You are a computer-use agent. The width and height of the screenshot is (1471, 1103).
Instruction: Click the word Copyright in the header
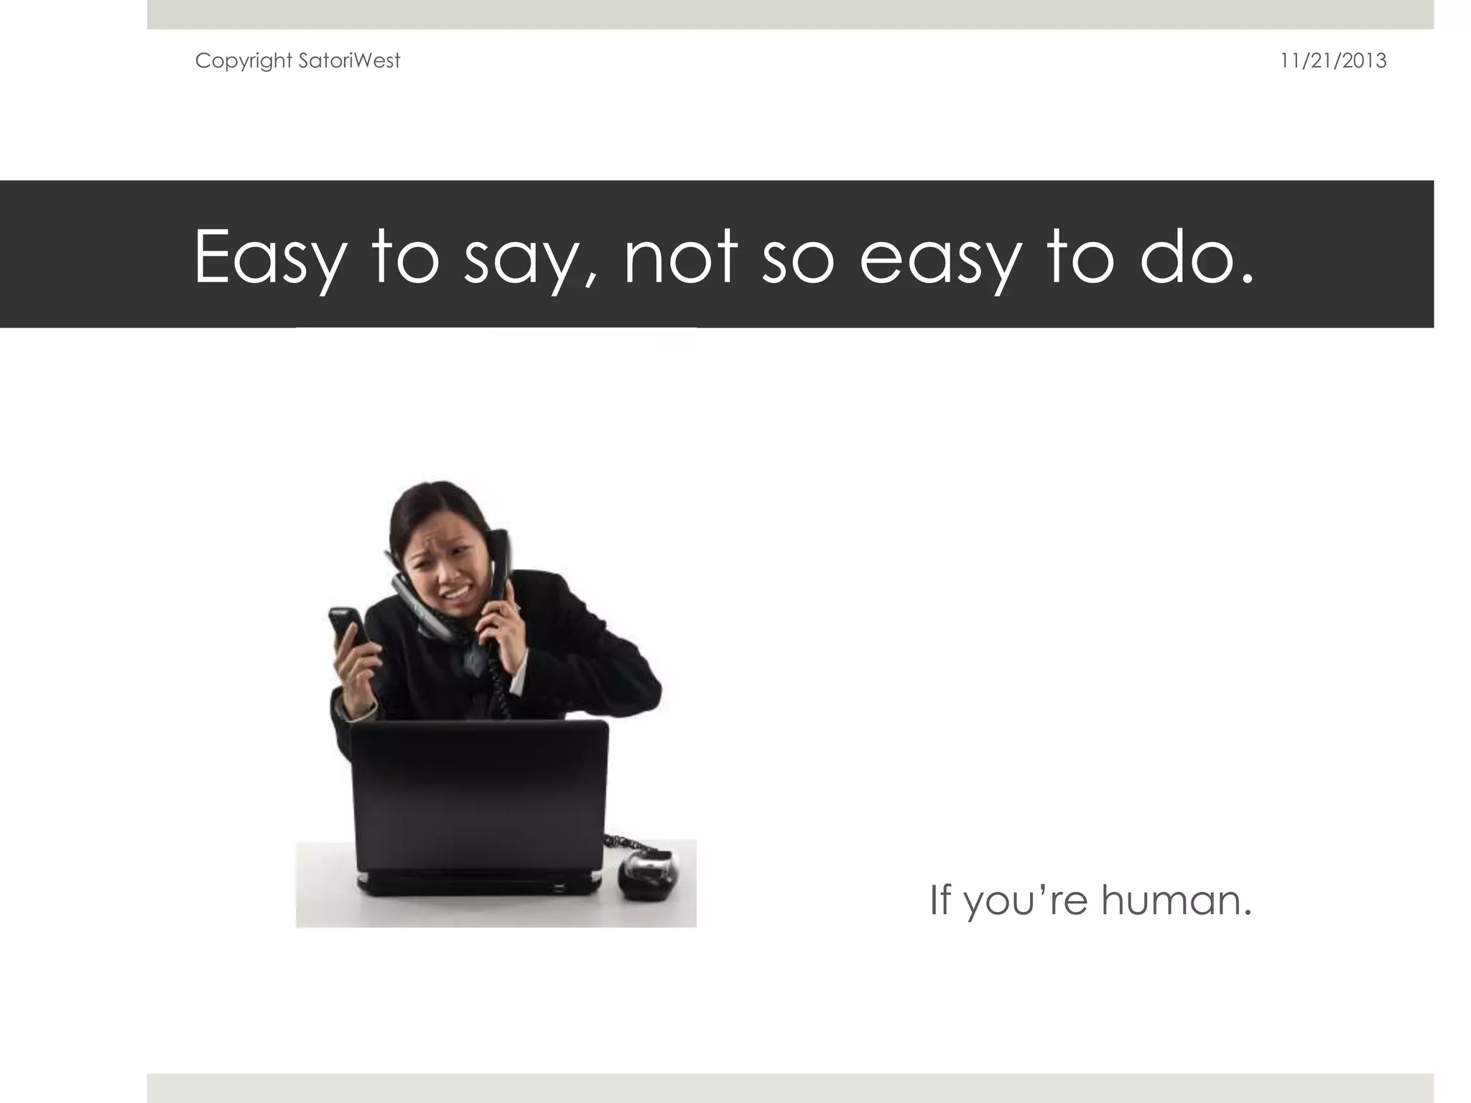coord(243,61)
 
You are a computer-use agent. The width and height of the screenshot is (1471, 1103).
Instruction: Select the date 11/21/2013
coord(1333,61)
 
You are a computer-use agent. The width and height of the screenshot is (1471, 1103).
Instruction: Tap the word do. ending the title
coord(1197,257)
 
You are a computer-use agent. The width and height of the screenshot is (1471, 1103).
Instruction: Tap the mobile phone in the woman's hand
coord(346,626)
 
